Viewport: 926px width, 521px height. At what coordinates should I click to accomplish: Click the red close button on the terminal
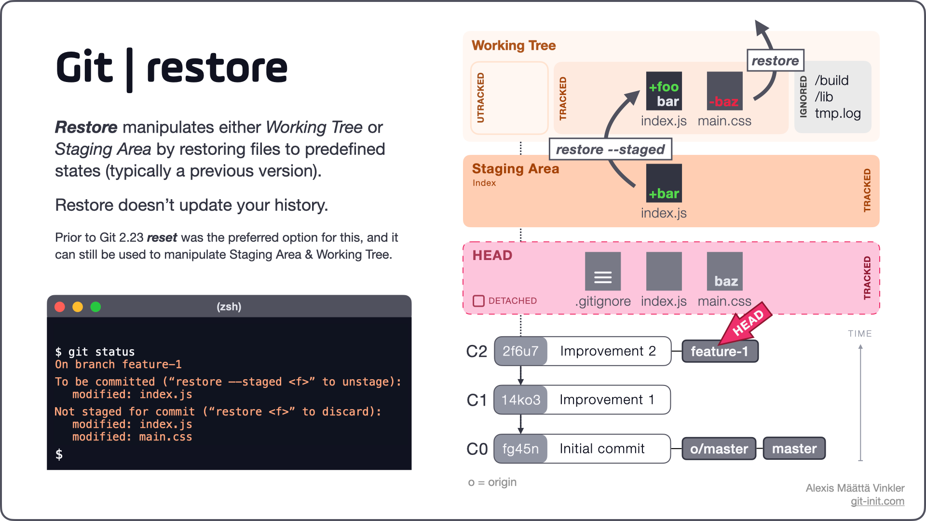(x=60, y=307)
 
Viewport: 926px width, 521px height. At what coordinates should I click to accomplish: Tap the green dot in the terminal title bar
(x=95, y=307)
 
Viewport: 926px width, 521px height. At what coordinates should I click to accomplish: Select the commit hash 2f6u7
(x=520, y=351)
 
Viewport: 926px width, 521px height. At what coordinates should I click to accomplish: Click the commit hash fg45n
(x=520, y=449)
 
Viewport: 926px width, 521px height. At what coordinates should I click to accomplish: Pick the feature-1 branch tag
(x=720, y=351)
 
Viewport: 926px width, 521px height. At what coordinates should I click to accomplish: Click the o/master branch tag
(x=719, y=449)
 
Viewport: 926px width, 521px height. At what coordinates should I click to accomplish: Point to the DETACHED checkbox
(x=478, y=301)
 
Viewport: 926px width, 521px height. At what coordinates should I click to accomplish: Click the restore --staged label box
(x=610, y=150)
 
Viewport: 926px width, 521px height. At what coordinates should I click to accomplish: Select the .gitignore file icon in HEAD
(x=602, y=272)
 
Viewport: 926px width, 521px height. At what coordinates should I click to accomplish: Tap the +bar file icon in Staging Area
(x=664, y=183)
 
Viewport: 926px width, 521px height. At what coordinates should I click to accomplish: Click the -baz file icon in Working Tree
(x=724, y=91)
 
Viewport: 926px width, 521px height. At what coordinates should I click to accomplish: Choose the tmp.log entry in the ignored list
(x=838, y=113)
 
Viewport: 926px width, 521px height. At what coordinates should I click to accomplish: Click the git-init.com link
(x=877, y=501)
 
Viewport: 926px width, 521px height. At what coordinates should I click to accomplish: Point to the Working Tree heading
(x=514, y=45)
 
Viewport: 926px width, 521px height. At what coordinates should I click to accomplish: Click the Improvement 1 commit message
(x=607, y=400)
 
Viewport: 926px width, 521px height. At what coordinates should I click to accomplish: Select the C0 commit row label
(x=477, y=449)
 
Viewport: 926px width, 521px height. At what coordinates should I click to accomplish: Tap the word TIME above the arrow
(x=860, y=334)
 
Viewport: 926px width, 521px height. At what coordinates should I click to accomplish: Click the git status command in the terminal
(x=101, y=352)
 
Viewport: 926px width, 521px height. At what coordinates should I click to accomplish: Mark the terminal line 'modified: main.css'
(x=132, y=437)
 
